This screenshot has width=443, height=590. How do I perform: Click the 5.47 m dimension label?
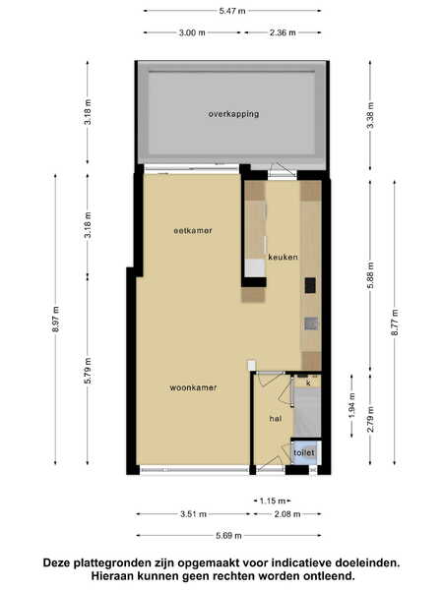[232, 11]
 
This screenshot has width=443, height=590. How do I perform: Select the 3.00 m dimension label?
[192, 32]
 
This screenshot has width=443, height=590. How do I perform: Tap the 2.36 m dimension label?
[283, 32]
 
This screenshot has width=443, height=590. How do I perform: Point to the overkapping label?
[234, 114]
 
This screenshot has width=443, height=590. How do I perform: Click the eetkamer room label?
[193, 230]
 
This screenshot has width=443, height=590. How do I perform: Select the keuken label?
[283, 257]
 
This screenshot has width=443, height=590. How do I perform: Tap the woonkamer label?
[193, 387]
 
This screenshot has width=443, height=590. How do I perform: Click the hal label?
[276, 419]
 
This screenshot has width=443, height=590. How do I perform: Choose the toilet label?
[303, 452]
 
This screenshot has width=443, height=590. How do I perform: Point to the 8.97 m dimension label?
[56, 319]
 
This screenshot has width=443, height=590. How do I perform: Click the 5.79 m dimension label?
[88, 371]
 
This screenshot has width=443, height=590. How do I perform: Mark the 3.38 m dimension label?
[370, 115]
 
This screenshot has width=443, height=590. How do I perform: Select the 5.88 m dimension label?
[370, 275]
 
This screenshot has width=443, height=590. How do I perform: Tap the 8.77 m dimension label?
[395, 323]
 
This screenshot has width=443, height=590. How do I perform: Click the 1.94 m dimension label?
[351, 405]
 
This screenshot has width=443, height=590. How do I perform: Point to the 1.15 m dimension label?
[273, 501]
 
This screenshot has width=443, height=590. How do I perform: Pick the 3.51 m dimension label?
[193, 514]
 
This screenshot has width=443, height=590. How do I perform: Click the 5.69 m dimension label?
[228, 536]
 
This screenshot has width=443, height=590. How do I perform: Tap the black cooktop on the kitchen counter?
[310, 285]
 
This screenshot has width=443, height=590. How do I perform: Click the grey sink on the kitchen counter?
[311, 324]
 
